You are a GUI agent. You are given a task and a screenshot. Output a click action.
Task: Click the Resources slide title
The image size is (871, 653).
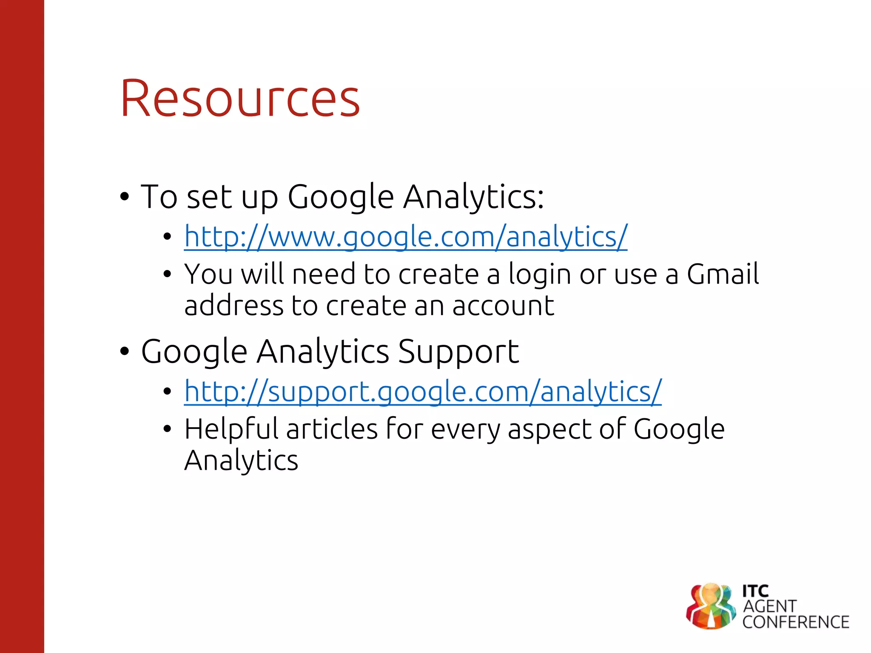pyautogui.click(x=240, y=99)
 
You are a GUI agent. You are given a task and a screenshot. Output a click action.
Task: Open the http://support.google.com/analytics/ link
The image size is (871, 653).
pyautogui.click(x=422, y=391)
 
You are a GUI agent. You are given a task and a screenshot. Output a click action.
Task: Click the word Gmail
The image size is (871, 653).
pyautogui.click(x=723, y=274)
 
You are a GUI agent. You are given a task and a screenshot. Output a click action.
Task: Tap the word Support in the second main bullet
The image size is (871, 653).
pyautogui.click(x=458, y=352)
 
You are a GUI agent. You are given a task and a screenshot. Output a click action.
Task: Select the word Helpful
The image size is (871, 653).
pyautogui.click(x=233, y=429)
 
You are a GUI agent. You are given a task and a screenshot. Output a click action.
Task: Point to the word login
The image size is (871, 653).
pyautogui.click(x=539, y=275)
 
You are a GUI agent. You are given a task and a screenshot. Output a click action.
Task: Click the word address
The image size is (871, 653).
pyautogui.click(x=233, y=306)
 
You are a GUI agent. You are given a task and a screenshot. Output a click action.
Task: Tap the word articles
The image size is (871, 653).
pyautogui.click(x=332, y=429)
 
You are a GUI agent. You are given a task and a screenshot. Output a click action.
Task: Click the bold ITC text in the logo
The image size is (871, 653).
pyautogui.click(x=755, y=591)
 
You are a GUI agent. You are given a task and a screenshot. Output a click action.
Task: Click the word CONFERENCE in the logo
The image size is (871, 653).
pyautogui.click(x=796, y=622)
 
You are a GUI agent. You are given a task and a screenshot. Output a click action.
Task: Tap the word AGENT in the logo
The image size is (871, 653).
pyautogui.click(x=769, y=607)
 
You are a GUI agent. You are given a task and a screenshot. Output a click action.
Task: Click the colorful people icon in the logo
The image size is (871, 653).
pyautogui.click(x=710, y=606)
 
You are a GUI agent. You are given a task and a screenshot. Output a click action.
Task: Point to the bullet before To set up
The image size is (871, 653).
pyautogui.click(x=124, y=197)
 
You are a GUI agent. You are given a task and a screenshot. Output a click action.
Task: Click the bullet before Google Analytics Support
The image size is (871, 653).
pyautogui.click(x=124, y=352)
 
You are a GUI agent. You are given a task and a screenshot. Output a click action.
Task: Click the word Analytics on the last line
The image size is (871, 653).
pyautogui.click(x=241, y=461)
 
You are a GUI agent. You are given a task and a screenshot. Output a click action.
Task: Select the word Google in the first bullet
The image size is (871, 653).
pyautogui.click(x=341, y=197)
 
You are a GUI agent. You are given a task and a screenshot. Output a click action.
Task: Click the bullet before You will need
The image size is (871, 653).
pyautogui.click(x=167, y=274)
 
